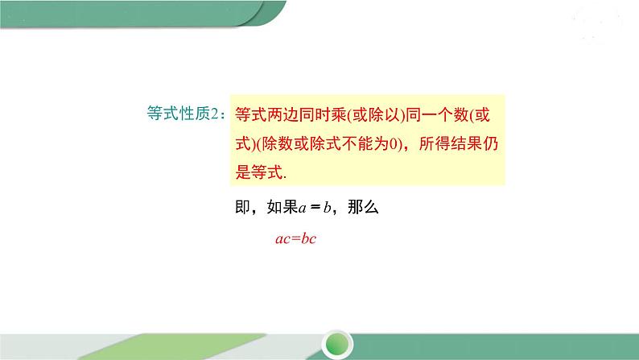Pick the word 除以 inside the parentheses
pos(377,114)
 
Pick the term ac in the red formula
pos(282,239)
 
